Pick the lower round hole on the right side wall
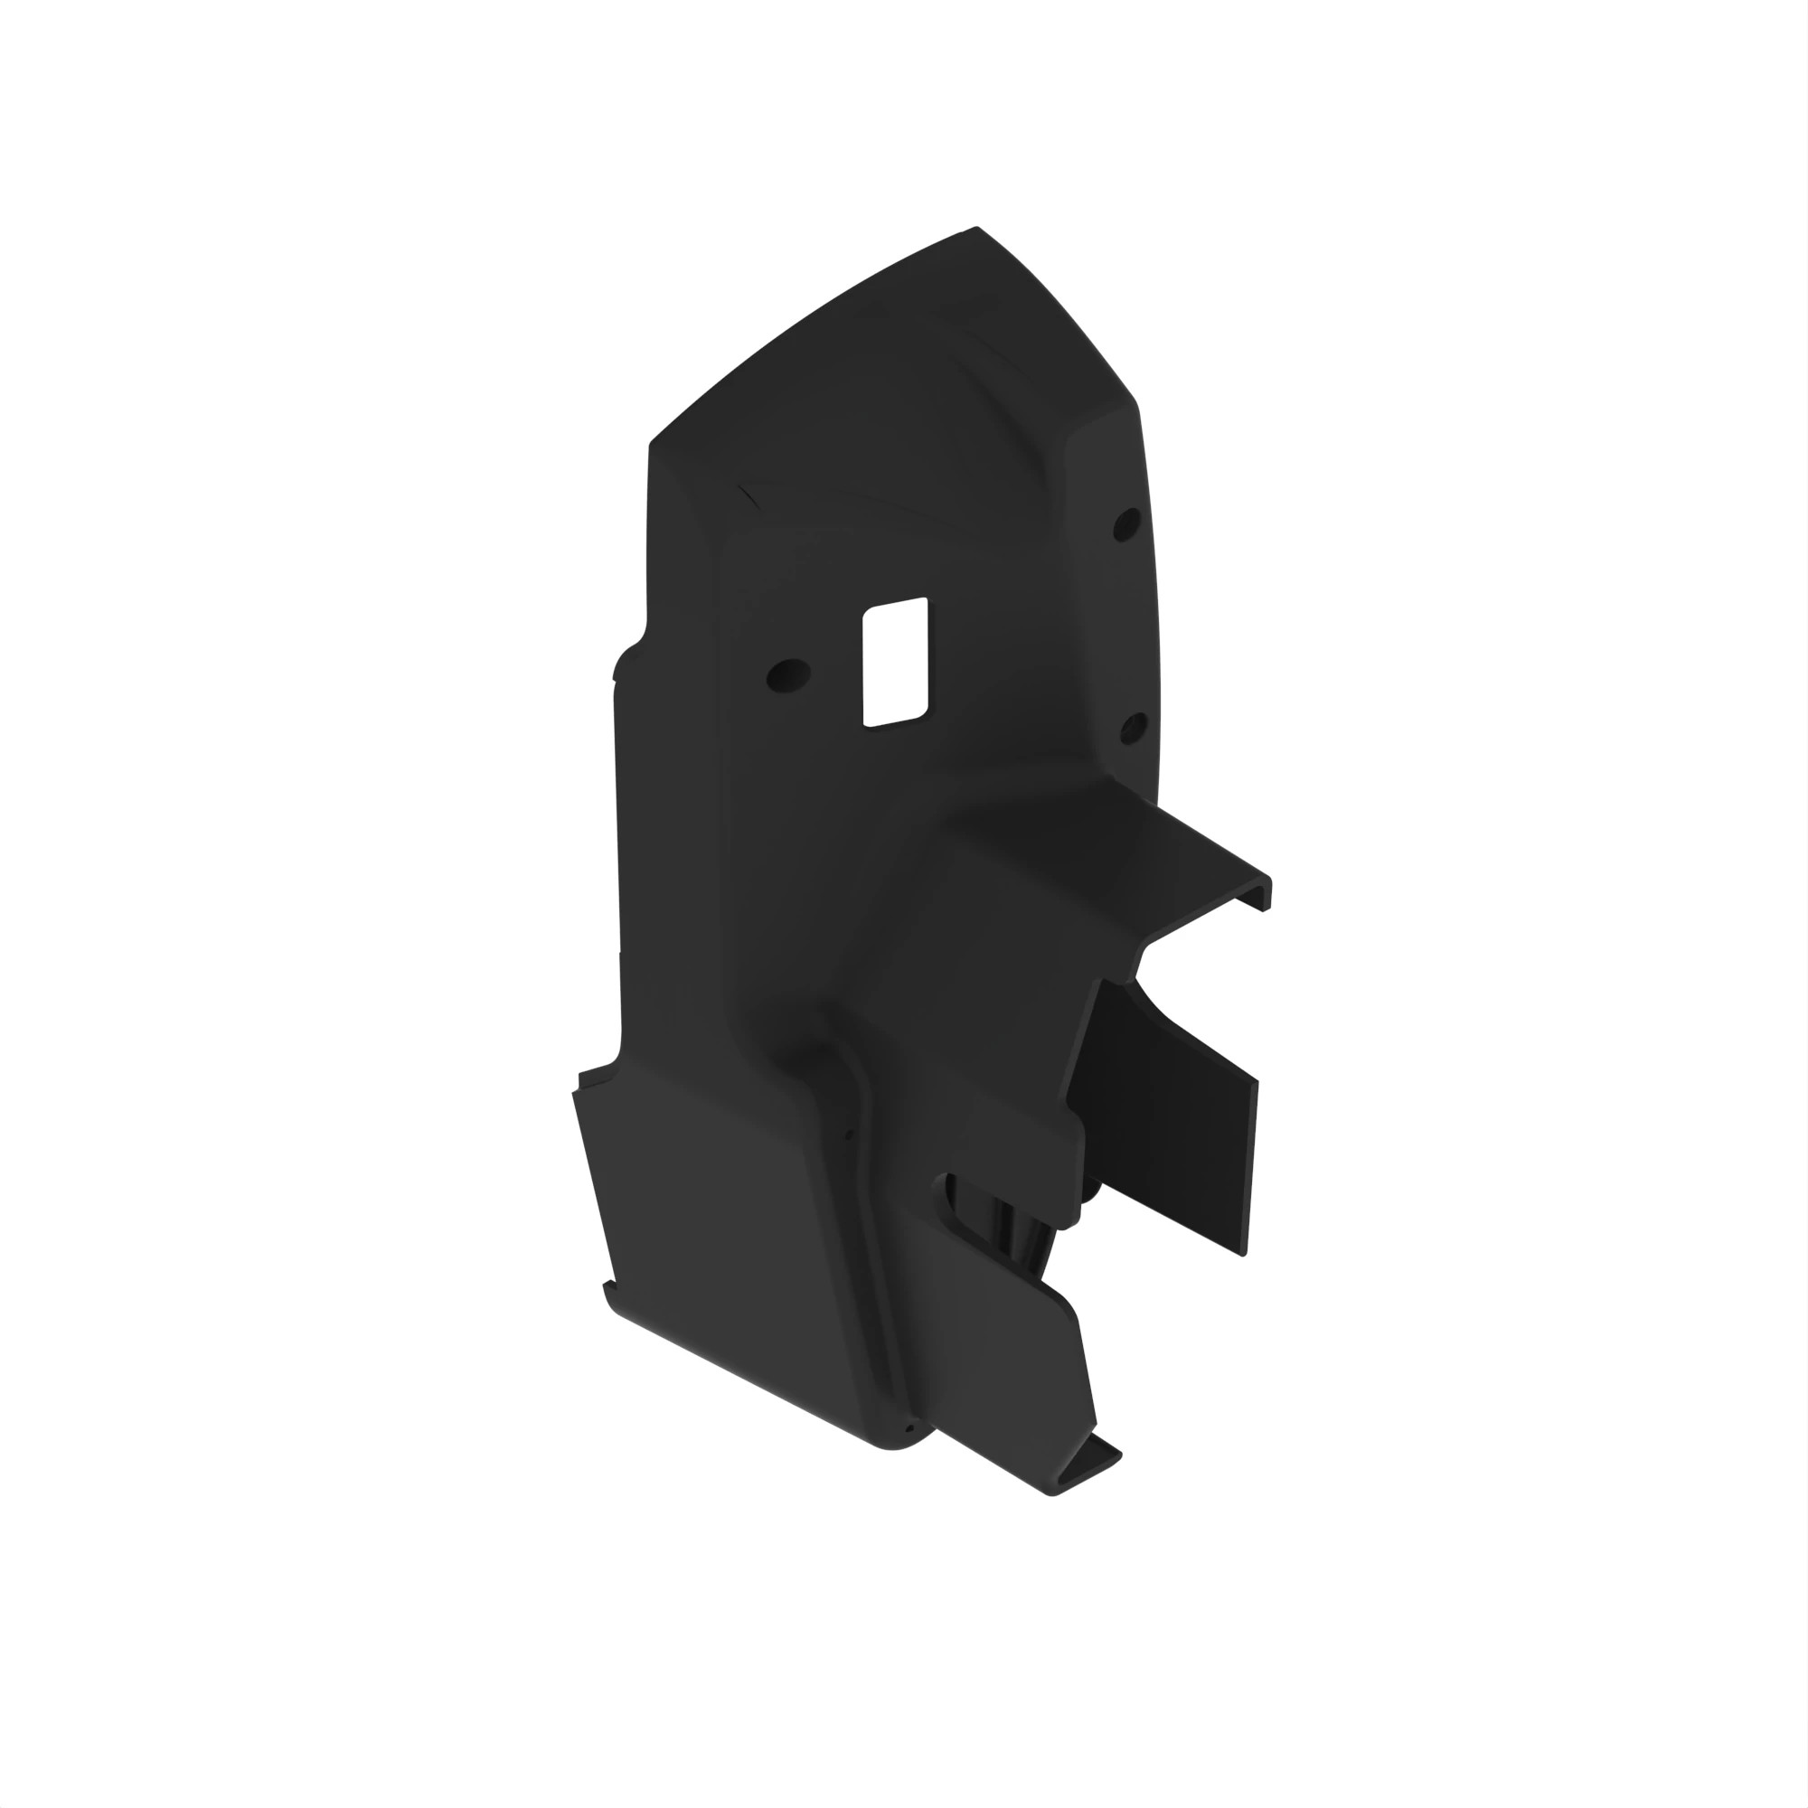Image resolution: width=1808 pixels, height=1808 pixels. (1134, 725)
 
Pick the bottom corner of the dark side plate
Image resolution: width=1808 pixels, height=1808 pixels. (1242, 1254)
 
